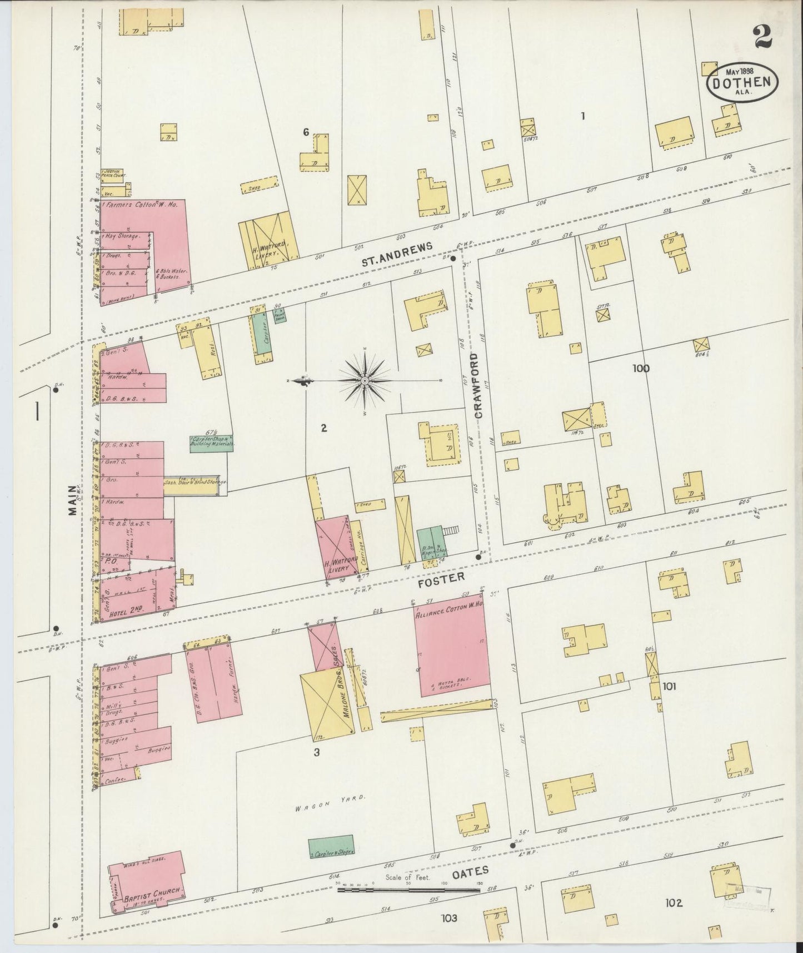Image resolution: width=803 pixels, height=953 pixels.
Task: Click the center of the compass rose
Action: [x=364, y=380]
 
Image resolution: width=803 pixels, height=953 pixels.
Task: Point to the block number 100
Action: [x=640, y=368]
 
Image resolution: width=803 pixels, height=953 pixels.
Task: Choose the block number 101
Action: [x=669, y=687]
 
